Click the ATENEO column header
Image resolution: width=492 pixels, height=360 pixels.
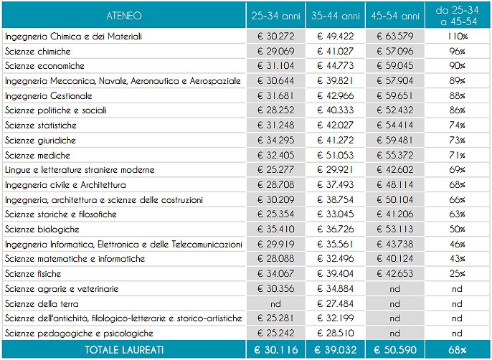[124, 16]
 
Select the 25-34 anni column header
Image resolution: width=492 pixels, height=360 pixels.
[276, 16]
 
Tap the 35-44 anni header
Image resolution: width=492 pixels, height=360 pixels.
[336, 16]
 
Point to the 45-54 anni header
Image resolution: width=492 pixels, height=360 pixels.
[395, 16]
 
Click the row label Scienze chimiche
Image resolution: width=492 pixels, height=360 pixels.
[37, 51]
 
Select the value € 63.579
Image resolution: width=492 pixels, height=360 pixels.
[395, 36]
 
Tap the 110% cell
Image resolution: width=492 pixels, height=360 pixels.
[458, 36]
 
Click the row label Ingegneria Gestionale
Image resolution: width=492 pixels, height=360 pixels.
[49, 95]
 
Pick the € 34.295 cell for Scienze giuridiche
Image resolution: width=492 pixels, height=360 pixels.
[276, 140]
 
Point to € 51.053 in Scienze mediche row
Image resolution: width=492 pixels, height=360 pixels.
[336, 155]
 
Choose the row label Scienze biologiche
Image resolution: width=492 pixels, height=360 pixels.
[42, 229]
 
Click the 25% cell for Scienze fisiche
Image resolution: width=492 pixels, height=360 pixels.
[457, 274]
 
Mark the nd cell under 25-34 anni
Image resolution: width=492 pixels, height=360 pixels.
[275, 304]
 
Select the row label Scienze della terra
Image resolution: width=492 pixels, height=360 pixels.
[42, 304]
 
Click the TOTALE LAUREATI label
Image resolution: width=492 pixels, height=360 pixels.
[124, 350]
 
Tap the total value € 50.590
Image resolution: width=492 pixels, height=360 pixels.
[395, 350]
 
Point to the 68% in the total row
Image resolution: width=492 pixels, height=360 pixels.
[457, 350]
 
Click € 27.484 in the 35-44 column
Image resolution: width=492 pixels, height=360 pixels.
[336, 304]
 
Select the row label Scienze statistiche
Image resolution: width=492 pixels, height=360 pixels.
[41, 125]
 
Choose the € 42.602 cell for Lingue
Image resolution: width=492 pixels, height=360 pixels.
[395, 170]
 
